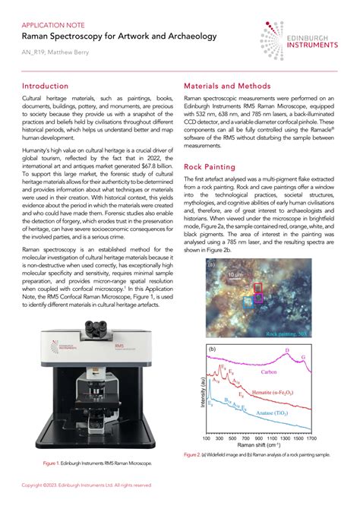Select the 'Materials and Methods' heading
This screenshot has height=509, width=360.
coord(227,87)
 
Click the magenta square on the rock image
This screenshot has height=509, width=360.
coord(258,299)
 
